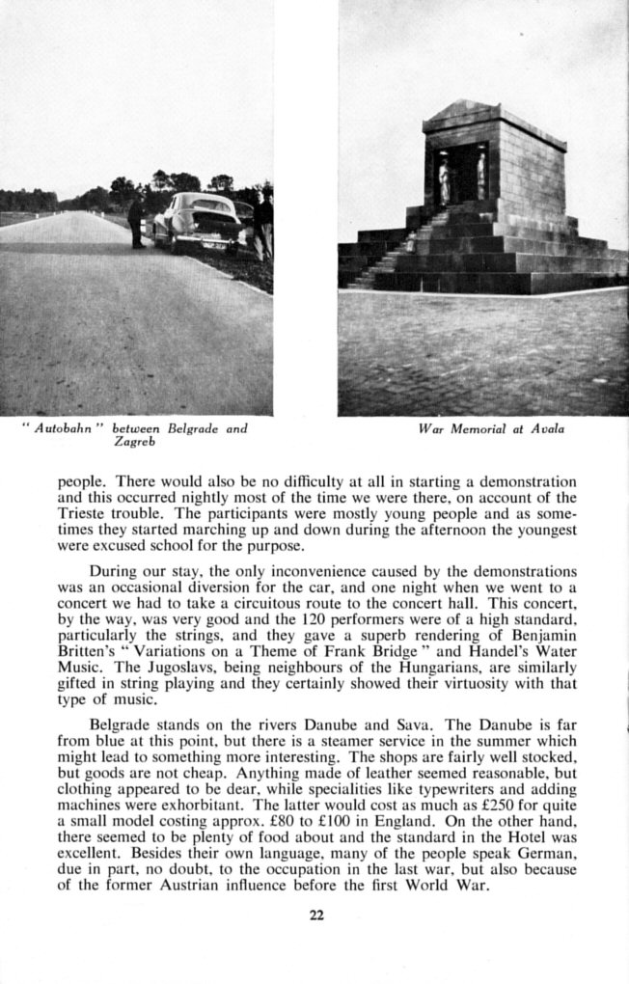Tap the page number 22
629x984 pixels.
point(315,916)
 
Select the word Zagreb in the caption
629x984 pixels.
point(135,442)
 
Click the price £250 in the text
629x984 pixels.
point(457,802)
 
